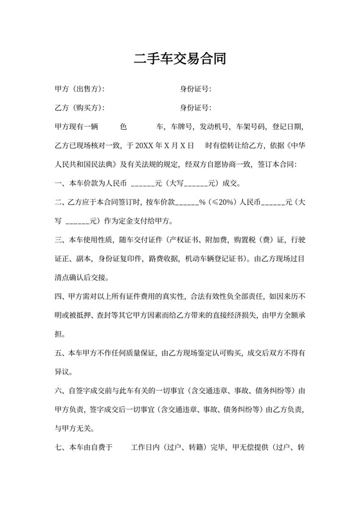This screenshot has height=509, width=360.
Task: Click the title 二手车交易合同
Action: coord(179,60)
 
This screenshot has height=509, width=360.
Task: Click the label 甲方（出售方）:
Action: coord(80,89)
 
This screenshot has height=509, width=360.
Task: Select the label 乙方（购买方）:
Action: coord(80,107)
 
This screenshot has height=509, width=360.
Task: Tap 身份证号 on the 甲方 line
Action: coord(195,89)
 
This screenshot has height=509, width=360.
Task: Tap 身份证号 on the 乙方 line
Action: coord(195,107)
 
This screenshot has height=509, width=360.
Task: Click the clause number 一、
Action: coord(61,182)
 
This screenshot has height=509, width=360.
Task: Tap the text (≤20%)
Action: coord(225,201)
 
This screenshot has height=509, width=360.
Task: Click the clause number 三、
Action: coord(61,241)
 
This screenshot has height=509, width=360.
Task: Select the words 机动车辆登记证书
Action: coord(219,260)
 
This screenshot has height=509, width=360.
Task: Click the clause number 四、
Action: coord(61,297)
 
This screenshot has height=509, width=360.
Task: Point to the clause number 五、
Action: coord(61,353)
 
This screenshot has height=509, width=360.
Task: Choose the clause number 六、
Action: coord(61,390)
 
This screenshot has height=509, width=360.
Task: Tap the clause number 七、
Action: coord(61,446)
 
